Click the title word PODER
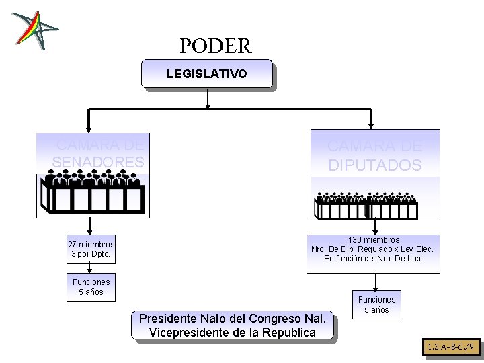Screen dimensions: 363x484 [215, 46]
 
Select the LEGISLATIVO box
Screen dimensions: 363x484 [206, 73]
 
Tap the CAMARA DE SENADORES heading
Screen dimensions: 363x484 [98, 153]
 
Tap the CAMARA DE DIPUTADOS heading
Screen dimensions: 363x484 [374, 155]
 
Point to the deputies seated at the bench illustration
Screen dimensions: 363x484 [366, 205]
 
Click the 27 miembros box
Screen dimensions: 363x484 [91, 249]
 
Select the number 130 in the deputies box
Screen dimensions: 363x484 [356, 240]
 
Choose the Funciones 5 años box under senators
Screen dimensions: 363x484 [91, 287]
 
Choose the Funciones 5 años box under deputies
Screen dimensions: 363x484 [376, 305]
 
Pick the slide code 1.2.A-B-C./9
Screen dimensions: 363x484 [453, 348]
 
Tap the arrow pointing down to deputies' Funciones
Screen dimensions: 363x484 [374, 282]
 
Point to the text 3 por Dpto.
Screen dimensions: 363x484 [91, 255]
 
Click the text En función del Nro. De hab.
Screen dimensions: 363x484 [373, 259]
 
